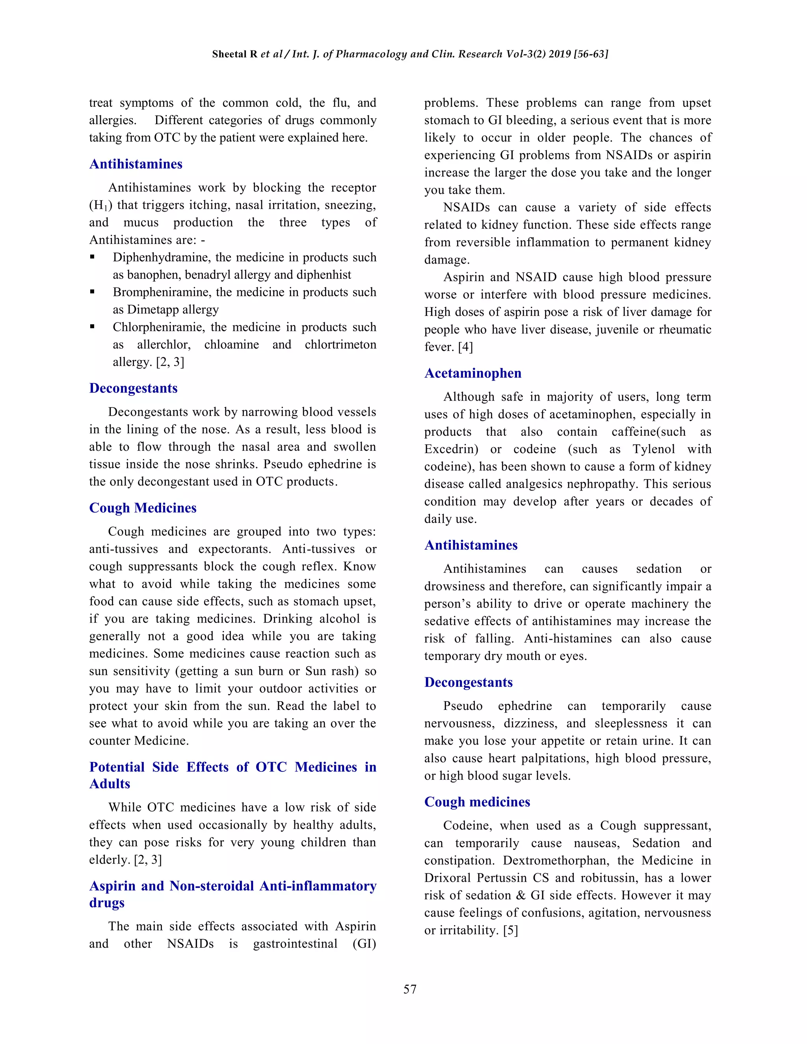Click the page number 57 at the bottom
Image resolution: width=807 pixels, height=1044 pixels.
(x=410, y=989)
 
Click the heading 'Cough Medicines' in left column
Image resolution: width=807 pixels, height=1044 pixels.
(x=143, y=508)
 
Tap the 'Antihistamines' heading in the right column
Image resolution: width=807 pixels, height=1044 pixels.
(x=470, y=545)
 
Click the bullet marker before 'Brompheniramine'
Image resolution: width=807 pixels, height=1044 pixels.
(x=92, y=292)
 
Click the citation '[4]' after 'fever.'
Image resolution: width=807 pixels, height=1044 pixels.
(x=465, y=347)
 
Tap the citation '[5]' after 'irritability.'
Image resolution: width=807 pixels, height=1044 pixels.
(x=510, y=930)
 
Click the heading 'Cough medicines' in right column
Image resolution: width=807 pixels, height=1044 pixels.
(x=477, y=802)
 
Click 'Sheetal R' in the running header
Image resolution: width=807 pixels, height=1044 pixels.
(x=234, y=54)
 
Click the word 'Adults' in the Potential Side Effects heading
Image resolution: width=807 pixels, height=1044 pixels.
(x=110, y=784)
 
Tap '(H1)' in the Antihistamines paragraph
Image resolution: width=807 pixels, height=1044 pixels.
(x=100, y=205)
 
